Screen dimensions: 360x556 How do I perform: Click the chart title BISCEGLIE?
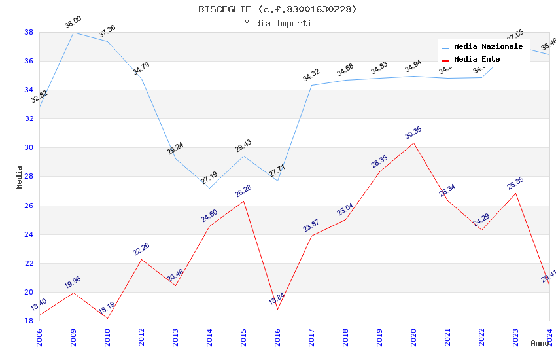(277, 9)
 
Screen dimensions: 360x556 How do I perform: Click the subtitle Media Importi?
(277, 23)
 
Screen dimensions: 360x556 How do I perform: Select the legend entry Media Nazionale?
(488, 46)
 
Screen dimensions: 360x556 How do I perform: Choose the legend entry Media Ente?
(477, 59)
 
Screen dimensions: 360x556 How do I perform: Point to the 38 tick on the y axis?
(29, 32)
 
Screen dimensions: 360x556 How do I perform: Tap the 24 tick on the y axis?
(29, 234)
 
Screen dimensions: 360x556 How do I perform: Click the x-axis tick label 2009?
(73, 337)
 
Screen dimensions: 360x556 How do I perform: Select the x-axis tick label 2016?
(277, 337)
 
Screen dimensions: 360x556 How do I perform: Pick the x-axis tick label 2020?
(413, 337)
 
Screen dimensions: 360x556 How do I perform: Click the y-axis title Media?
(20, 177)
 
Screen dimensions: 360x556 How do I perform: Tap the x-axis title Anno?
(540, 343)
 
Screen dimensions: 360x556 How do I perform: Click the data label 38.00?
(73, 24)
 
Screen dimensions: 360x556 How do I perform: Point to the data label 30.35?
(413, 133)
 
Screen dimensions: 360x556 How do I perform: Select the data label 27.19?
(209, 178)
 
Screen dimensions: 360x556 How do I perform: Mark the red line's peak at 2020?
(413, 143)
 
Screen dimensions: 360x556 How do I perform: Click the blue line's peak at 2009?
(73, 32)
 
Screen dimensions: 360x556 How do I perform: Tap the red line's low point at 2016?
(277, 309)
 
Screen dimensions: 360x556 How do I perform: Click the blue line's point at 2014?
(209, 188)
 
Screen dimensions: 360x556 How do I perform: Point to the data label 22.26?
(141, 249)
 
